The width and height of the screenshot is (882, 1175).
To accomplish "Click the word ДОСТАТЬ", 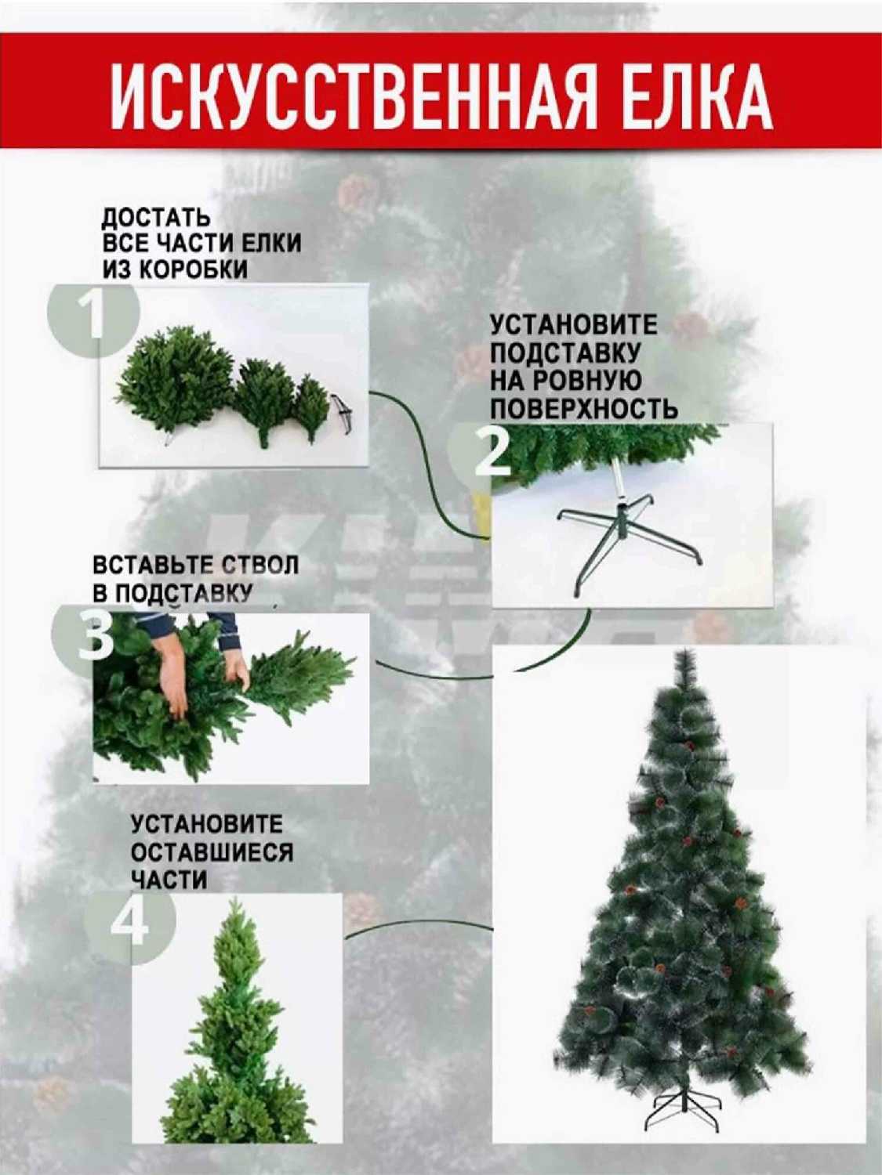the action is [156, 219].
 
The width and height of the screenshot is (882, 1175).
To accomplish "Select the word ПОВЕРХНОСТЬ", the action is [584, 410].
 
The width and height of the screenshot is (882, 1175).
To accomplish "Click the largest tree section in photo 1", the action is [174, 378].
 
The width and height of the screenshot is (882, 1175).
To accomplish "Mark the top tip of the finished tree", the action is [686, 650].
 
